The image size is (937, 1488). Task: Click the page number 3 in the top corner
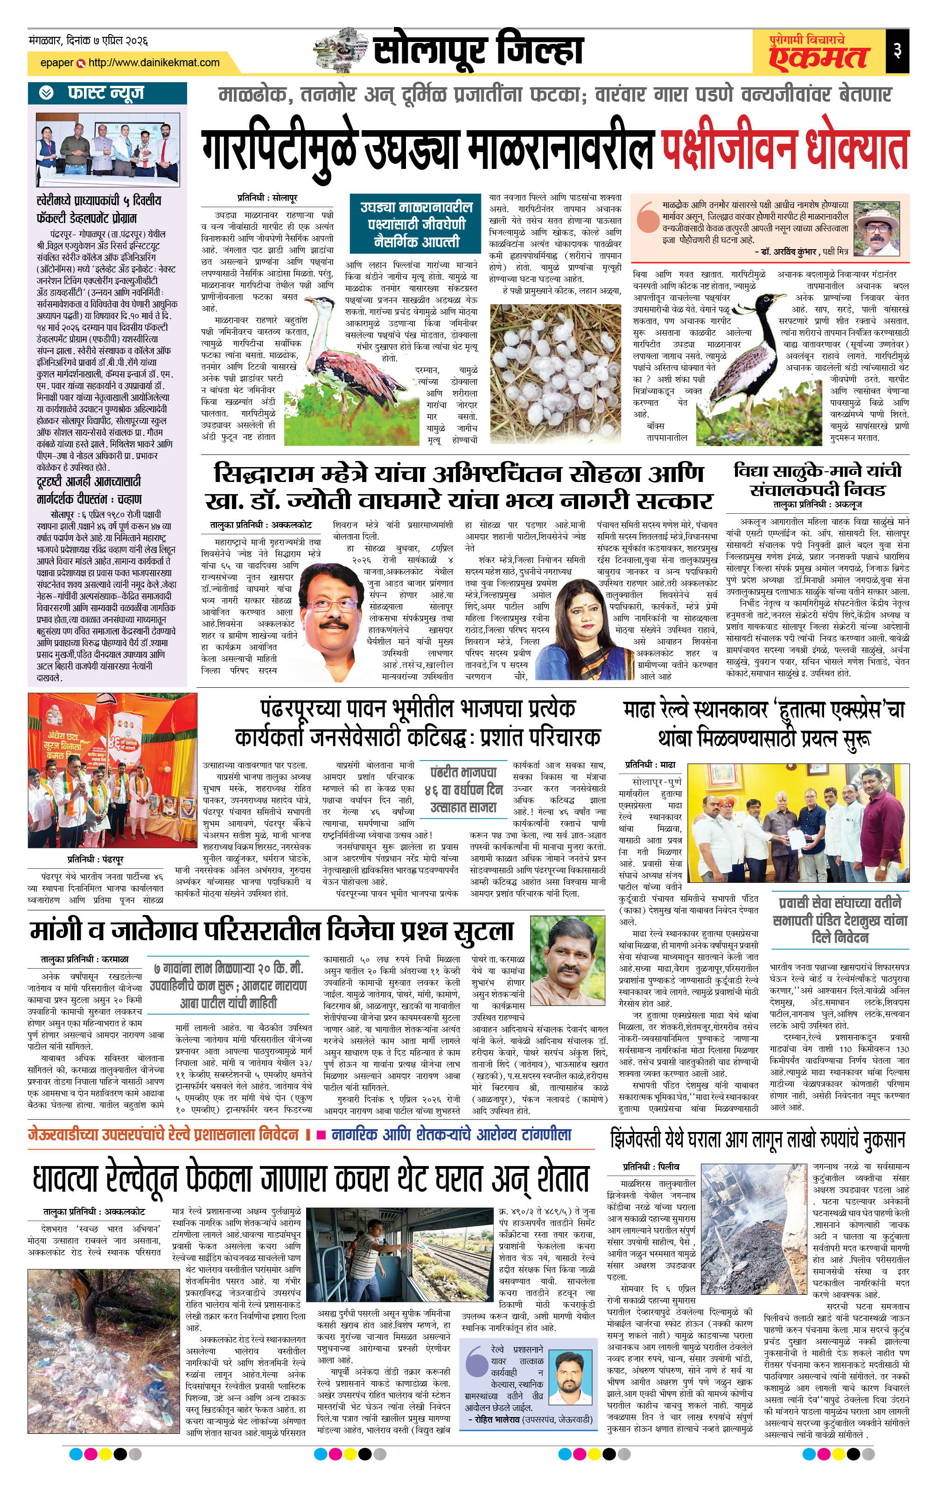pos(897,50)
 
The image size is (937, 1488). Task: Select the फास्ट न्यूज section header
pos(106,93)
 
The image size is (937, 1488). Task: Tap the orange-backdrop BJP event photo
pos(112,770)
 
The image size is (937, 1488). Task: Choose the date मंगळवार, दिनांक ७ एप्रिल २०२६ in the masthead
pos(88,41)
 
